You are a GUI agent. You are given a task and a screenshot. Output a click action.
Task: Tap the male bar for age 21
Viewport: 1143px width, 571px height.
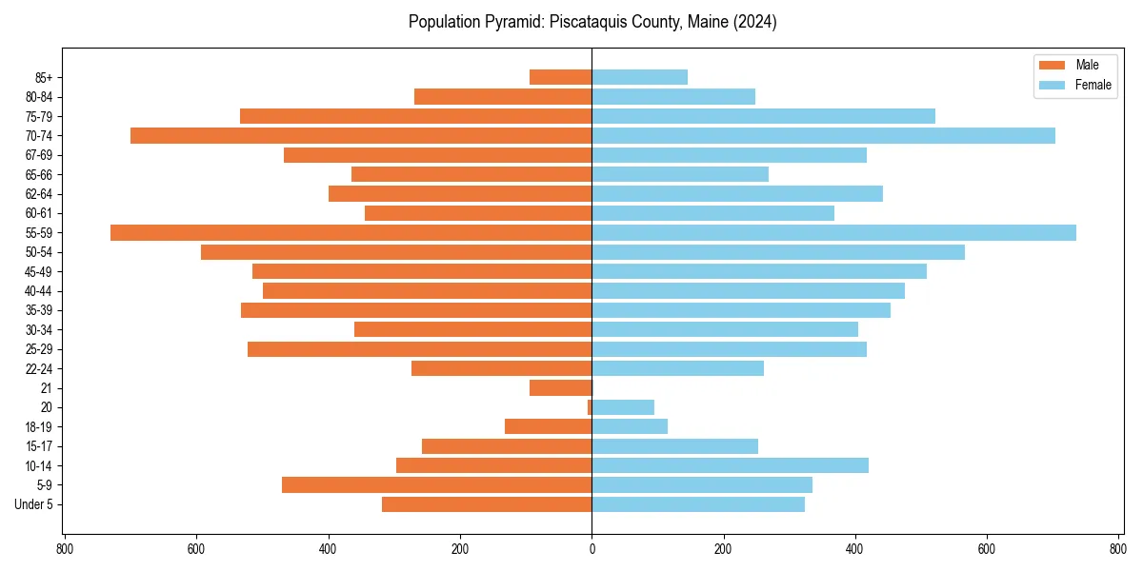[561, 387]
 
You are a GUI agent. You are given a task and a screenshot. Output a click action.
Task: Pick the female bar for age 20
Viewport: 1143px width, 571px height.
[623, 407]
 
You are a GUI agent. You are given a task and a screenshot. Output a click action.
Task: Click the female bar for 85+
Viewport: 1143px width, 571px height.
[639, 77]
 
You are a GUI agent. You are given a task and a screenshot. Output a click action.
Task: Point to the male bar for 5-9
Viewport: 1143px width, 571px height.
[436, 484]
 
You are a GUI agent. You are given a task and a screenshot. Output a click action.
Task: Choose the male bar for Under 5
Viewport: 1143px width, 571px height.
[487, 504]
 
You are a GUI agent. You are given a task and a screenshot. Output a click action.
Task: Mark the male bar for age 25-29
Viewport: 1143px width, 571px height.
[419, 349]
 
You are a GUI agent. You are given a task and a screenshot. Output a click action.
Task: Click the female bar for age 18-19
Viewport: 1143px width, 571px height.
[630, 426]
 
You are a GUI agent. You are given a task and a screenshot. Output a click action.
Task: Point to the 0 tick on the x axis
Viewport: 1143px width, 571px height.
[592, 549]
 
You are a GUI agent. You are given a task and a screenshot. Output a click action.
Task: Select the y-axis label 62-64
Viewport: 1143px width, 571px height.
[38, 194]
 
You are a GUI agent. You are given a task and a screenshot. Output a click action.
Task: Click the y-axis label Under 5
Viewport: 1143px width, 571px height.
[33, 504]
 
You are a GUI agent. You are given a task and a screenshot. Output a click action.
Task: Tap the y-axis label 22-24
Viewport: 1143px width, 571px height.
[38, 368]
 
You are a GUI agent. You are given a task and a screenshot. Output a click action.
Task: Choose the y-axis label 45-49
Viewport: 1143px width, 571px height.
[38, 271]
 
